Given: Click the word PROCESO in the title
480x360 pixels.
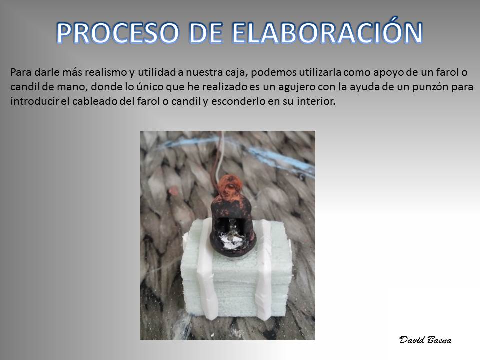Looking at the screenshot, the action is [x=118, y=33].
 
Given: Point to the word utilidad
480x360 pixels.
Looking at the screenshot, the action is [x=157, y=72].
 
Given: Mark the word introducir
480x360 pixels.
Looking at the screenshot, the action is [x=34, y=101].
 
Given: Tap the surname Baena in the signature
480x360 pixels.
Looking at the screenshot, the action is [x=438, y=340].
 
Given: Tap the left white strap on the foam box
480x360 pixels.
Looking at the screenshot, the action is [x=208, y=269].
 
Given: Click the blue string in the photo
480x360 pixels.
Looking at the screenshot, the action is [x=239, y=147].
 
